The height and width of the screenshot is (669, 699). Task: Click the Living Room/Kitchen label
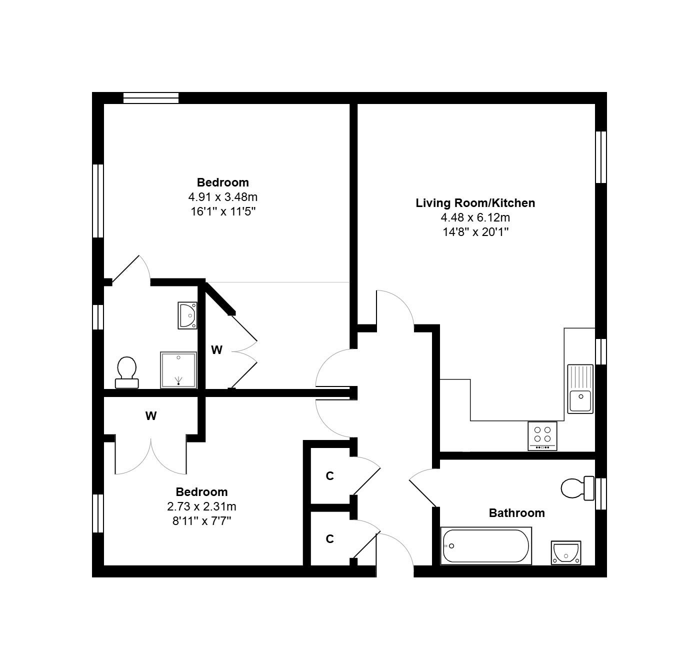tap(475, 203)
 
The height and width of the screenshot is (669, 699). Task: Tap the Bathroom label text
tap(516, 512)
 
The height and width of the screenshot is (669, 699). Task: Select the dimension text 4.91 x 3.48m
tap(222, 197)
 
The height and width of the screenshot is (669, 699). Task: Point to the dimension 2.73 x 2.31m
tap(201, 506)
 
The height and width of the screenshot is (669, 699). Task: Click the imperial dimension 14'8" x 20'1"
tap(475, 232)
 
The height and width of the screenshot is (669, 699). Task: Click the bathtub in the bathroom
tap(486, 546)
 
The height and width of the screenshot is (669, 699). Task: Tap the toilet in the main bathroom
tap(577, 488)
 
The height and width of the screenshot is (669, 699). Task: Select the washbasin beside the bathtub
tap(566, 552)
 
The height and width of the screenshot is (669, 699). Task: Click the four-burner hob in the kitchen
tap(542, 436)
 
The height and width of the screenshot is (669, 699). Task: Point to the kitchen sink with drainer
tap(580, 389)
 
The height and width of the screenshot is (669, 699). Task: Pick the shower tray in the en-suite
tap(178, 370)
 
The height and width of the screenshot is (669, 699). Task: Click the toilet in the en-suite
tap(127, 372)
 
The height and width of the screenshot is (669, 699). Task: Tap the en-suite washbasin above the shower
tap(187, 315)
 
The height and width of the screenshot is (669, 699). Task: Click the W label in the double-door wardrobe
tap(151, 416)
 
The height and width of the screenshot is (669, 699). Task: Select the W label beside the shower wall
tap(216, 349)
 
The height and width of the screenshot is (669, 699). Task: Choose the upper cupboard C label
tap(329, 475)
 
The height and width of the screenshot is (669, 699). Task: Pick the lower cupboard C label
tap(329, 538)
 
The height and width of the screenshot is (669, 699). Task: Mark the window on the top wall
tap(151, 97)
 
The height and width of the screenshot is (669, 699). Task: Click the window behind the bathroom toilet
tap(601, 493)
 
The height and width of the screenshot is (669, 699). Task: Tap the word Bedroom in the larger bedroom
tap(222, 182)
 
